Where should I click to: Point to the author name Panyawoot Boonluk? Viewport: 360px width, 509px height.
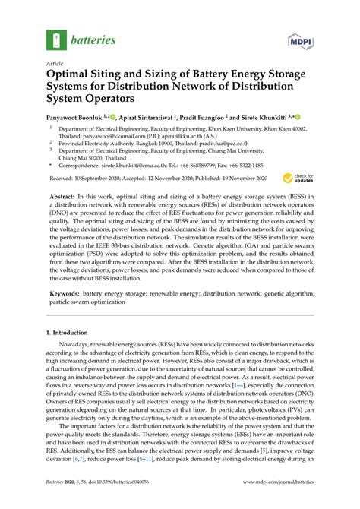tap(81, 118)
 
